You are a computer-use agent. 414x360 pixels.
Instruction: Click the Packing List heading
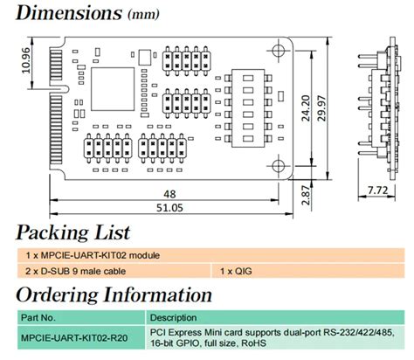pos(73,232)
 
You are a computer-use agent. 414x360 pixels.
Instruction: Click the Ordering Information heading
pos(114,294)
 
